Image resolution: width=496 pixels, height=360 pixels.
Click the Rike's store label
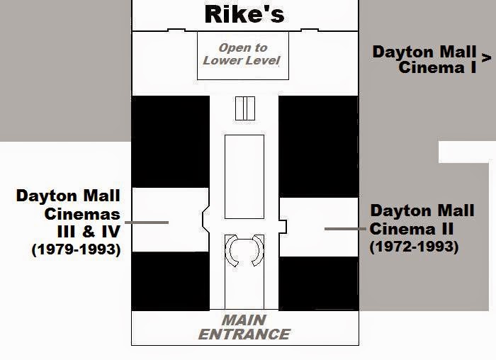[x=243, y=14]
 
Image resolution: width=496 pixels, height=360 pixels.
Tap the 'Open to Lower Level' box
[x=243, y=55]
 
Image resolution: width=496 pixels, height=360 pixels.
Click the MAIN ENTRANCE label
[x=245, y=328]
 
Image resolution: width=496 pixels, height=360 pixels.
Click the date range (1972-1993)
[x=415, y=247]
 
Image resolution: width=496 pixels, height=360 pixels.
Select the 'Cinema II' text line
[x=412, y=229]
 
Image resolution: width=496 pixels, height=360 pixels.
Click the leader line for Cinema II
[x=346, y=229]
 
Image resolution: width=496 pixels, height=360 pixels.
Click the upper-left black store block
[x=170, y=141]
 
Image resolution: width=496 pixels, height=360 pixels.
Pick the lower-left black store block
[x=170, y=281]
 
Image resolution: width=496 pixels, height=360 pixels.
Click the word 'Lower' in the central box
[x=222, y=60]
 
